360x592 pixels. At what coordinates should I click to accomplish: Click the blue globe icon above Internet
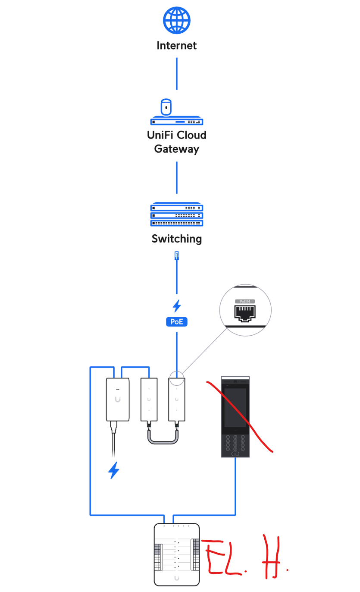coord(177,20)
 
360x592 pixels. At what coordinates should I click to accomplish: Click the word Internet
coord(177,46)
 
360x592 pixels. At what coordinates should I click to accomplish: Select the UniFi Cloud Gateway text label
coord(177,142)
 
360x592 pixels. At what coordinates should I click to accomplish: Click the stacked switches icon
coord(177,214)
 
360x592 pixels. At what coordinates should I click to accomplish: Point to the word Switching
coord(177,239)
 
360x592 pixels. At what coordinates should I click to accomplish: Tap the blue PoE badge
coord(177,322)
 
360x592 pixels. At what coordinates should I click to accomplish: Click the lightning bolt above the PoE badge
coord(177,306)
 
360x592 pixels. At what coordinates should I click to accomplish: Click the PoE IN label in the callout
coord(245,301)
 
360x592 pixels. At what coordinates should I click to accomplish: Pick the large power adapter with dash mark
coord(118,400)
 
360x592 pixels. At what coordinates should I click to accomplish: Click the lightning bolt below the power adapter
coord(113,470)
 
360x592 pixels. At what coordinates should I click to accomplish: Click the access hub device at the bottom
coord(177,554)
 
